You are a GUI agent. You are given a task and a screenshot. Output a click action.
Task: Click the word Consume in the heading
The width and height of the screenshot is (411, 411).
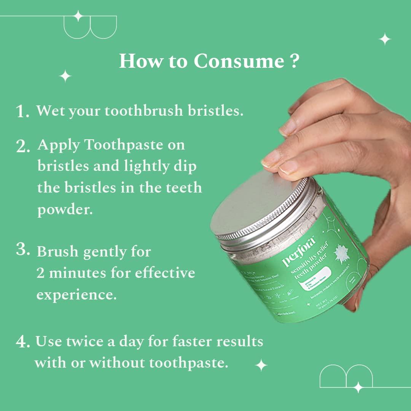[239, 61]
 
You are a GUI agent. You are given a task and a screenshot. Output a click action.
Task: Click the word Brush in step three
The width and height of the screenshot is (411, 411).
[57, 252]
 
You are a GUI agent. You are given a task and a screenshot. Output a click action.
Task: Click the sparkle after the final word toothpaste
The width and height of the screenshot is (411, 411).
[261, 365]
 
